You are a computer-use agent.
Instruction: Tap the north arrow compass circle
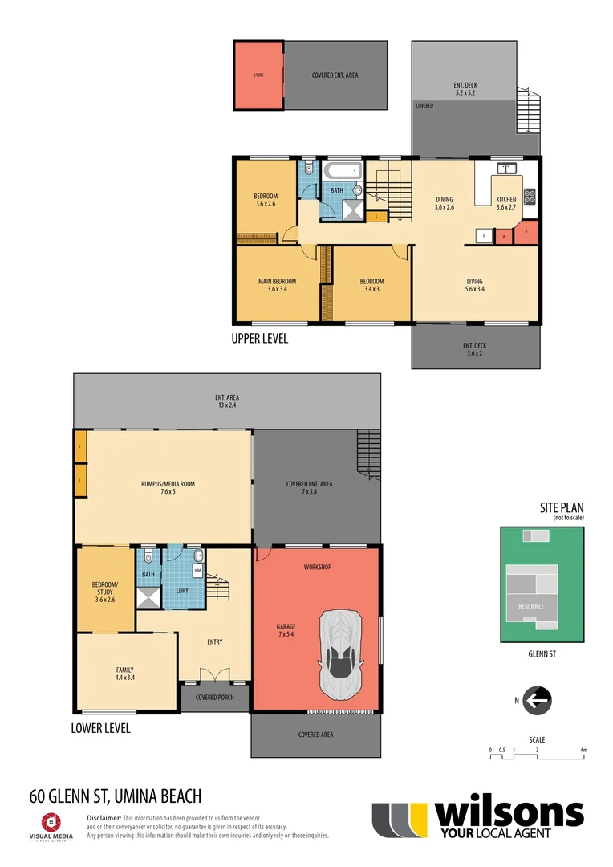click(536, 701)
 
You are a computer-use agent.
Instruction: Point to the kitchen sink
click(506, 169)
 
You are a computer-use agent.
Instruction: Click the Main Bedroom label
click(277, 285)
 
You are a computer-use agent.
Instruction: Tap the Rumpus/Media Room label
click(168, 488)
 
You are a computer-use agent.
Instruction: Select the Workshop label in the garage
click(318, 568)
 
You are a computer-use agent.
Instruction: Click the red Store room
click(258, 75)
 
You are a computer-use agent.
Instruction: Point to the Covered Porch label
click(215, 697)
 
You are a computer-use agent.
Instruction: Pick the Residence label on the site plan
click(531, 606)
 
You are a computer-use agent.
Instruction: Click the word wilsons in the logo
click(509, 813)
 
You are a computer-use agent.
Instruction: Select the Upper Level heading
click(260, 339)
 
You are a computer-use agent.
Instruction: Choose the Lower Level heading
click(100, 729)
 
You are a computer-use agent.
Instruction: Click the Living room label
click(475, 285)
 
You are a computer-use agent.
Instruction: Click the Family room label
click(124, 674)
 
